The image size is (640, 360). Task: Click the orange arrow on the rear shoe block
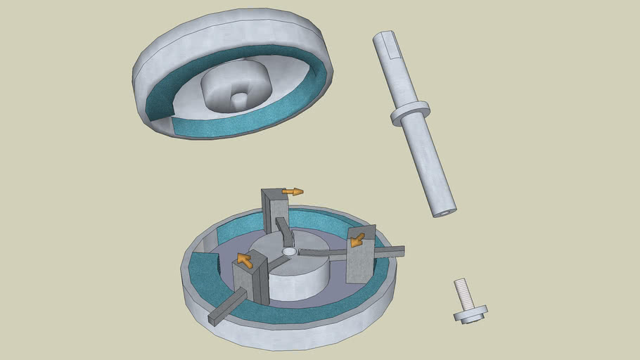[293, 191]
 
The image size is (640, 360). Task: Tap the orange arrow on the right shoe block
[358, 240]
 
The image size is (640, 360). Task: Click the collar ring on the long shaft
[410, 113]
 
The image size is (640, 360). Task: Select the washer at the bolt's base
[470, 314]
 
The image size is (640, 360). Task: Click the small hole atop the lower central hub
[288, 250]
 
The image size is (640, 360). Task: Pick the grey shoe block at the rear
[276, 211]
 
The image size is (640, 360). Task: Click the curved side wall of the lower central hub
[295, 285]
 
